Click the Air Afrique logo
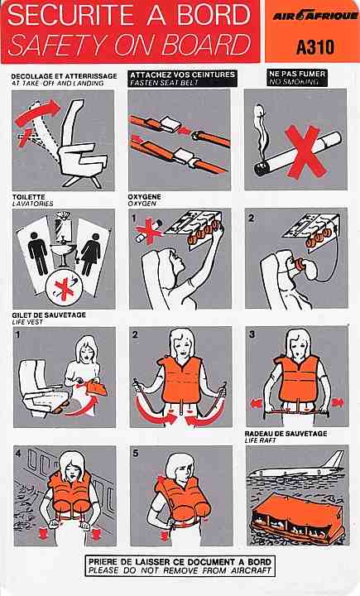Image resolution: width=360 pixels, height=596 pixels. tap(315, 16)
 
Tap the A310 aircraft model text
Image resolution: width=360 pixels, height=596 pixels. tap(315, 47)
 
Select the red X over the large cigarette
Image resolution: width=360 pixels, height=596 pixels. tap(305, 151)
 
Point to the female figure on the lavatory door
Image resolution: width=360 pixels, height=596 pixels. tap(91, 254)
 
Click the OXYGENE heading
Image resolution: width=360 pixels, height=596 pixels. tap(145, 197)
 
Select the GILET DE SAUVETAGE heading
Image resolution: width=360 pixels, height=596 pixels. tap(49, 315)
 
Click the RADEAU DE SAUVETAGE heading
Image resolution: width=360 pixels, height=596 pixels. tap(286, 434)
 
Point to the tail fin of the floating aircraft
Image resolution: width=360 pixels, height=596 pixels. tap(334, 459)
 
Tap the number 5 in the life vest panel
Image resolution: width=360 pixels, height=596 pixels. tap(136, 454)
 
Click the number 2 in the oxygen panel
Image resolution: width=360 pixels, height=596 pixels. tap(252, 219)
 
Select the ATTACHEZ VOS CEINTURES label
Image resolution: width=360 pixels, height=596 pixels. tap(182, 74)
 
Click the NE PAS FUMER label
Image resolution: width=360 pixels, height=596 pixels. tap(297, 74)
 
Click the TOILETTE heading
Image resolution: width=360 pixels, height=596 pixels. tap(28, 197)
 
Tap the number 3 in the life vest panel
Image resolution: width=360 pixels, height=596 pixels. tap(252, 335)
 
